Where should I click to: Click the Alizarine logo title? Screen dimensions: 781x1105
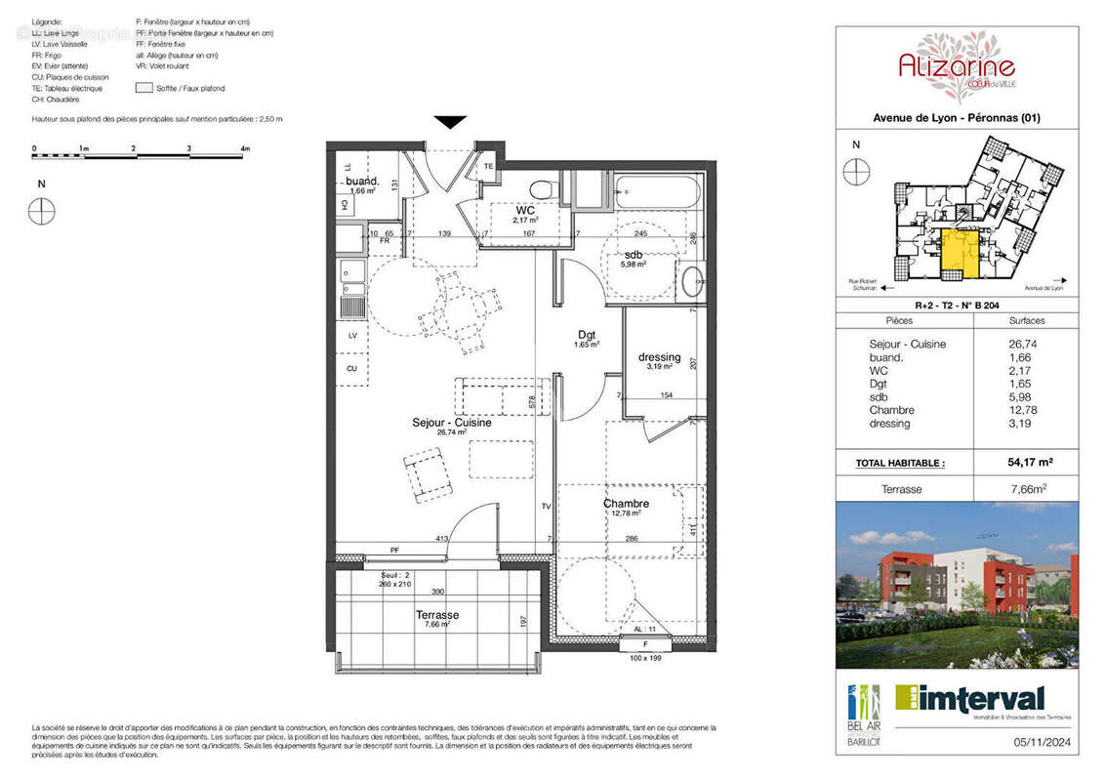tap(956, 66)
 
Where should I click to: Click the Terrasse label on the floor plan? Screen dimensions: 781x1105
tap(436, 615)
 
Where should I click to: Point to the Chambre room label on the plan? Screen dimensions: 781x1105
tap(625, 504)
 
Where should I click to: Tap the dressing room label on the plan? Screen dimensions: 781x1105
tap(659, 356)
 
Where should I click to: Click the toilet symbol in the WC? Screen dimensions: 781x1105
tap(539, 188)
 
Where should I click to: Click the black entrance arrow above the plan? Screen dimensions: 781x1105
tap(449, 122)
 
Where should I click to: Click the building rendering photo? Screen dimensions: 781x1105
tap(957, 586)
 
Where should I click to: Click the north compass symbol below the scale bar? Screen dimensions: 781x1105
tap(41, 211)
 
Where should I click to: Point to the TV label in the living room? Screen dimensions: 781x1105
tap(548, 507)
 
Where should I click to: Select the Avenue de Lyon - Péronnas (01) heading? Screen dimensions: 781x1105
tap(956, 118)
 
